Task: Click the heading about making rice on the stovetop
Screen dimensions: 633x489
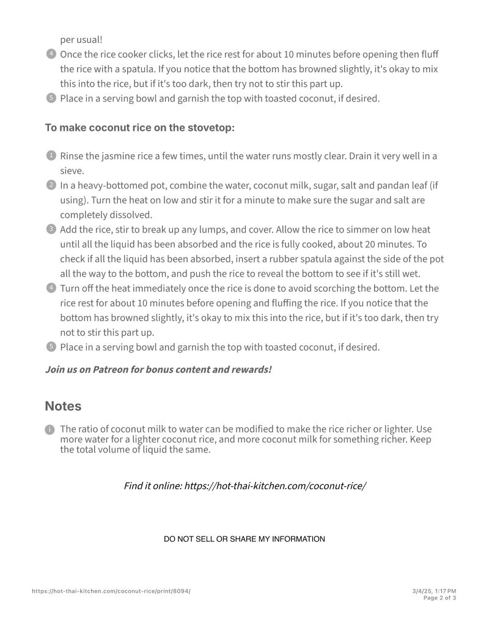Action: click(x=139, y=128)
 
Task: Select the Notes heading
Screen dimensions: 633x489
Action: click(x=63, y=406)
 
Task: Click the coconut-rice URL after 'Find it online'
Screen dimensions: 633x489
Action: click(x=275, y=486)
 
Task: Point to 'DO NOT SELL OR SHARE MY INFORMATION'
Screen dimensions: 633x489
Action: click(x=244, y=539)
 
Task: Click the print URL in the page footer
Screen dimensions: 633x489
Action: click(x=111, y=591)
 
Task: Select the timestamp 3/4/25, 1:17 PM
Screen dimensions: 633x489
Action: click(x=434, y=591)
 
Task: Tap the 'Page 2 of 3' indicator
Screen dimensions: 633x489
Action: click(x=439, y=598)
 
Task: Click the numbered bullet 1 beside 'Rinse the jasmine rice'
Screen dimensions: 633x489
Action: click(x=51, y=155)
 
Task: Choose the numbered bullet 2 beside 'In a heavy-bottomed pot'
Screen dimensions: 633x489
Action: click(x=51, y=185)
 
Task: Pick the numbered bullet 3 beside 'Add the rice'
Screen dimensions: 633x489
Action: click(x=51, y=229)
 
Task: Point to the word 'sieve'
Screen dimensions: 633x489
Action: click(x=72, y=171)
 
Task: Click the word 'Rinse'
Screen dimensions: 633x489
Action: click(x=72, y=156)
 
